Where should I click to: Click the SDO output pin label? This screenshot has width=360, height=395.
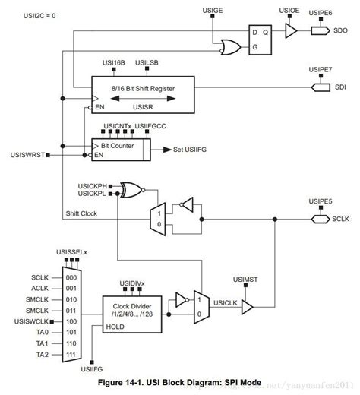339,31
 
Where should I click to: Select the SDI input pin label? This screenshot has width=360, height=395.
339,87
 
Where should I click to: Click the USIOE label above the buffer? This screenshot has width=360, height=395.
289,11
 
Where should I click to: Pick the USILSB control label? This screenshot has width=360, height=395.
147,62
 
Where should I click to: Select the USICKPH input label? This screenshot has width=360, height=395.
90,185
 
